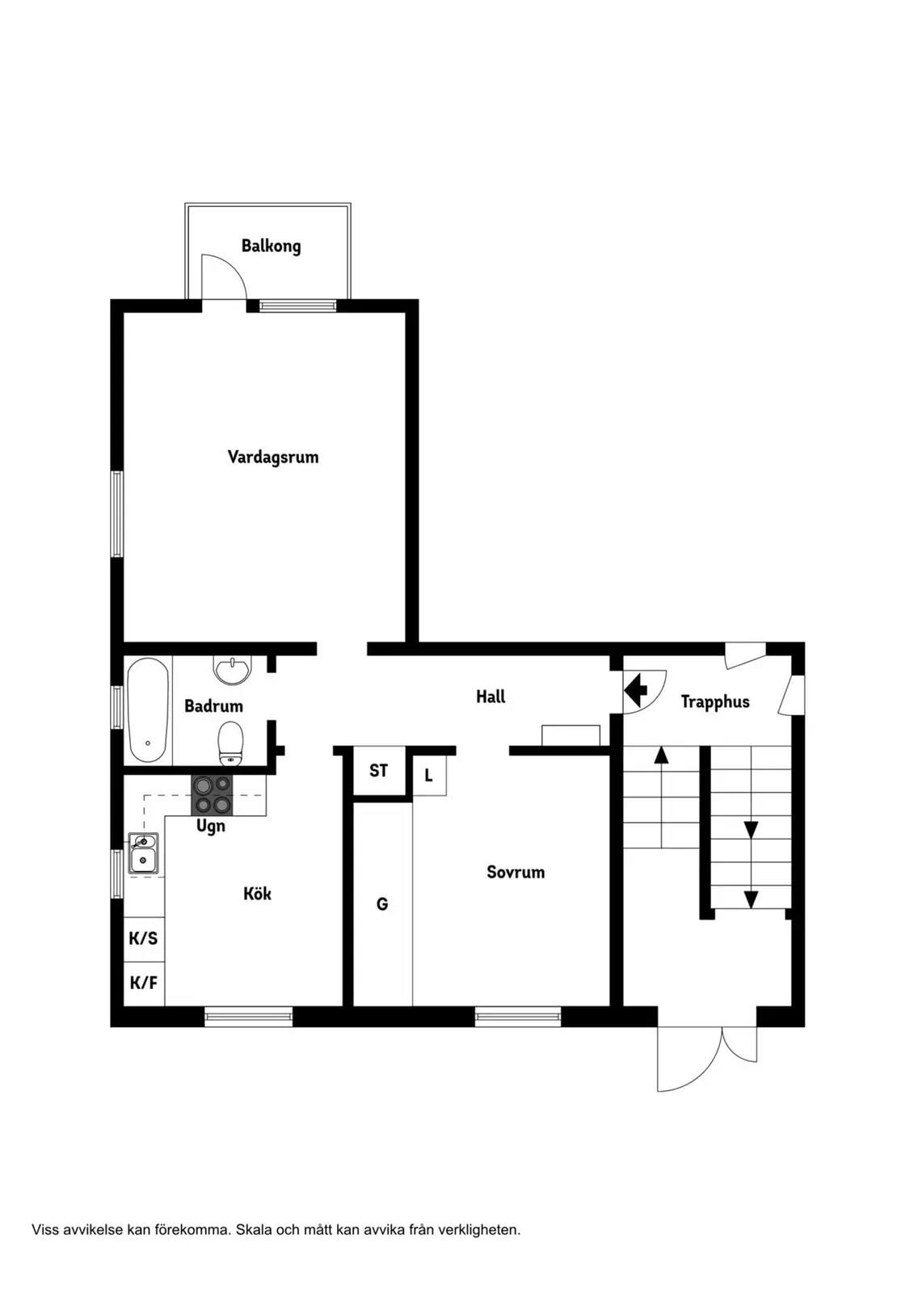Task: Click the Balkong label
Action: [x=271, y=246]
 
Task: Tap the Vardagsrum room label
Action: [x=273, y=457]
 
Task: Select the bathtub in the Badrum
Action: [x=148, y=710]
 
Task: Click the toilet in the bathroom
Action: [x=230, y=742]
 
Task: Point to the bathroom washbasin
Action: [x=233, y=670]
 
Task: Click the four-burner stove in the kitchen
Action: [x=212, y=795]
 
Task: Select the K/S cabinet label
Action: [x=143, y=938]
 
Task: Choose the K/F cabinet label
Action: [x=143, y=983]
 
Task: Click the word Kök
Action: [x=257, y=894]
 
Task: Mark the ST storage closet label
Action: [x=379, y=771]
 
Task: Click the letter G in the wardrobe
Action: [x=381, y=904]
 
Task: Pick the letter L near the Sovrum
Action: [x=428, y=775]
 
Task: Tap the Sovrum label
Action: [x=516, y=872]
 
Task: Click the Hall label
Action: [x=491, y=697]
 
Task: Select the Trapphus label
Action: [x=715, y=702]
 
